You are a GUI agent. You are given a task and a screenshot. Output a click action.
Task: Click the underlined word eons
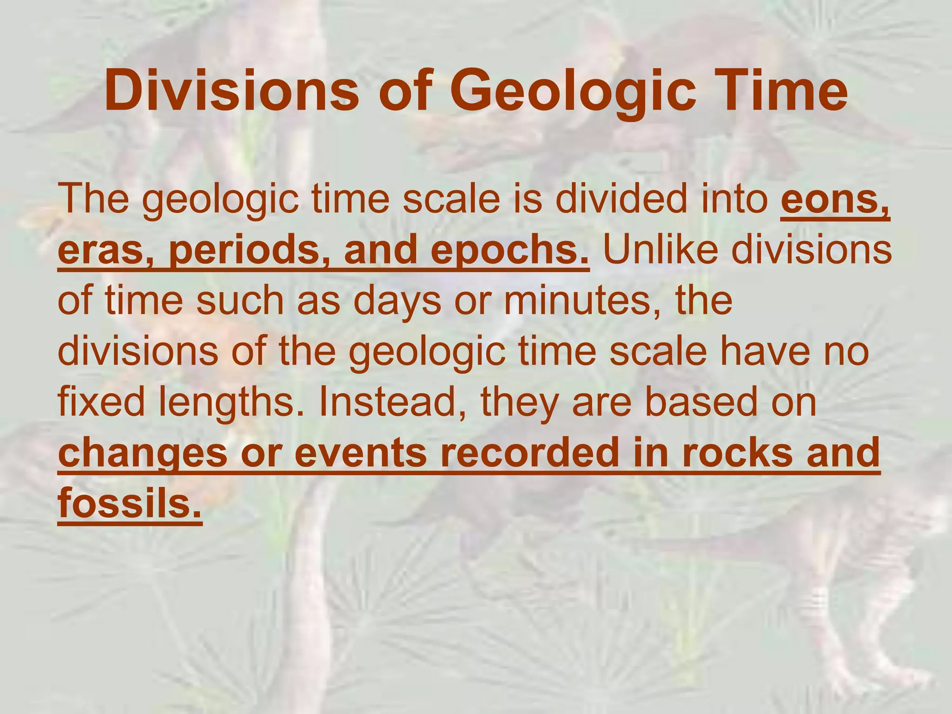[x=834, y=200]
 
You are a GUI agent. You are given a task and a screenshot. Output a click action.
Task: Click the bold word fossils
[x=130, y=504]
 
